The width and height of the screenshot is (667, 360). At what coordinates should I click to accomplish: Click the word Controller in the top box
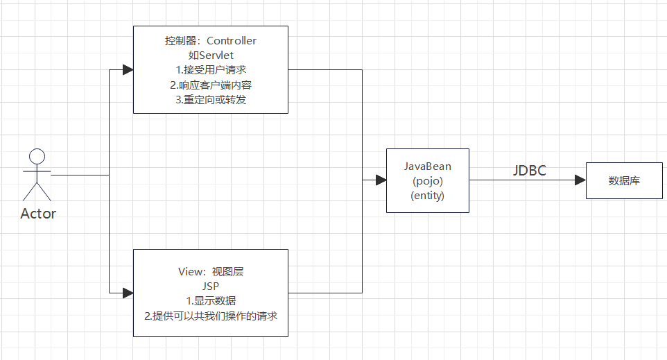click(x=231, y=41)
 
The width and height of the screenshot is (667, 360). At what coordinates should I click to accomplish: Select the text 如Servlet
click(x=211, y=55)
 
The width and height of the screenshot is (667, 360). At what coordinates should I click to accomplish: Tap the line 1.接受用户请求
click(x=211, y=70)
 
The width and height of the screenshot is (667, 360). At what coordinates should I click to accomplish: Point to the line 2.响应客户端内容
click(x=211, y=85)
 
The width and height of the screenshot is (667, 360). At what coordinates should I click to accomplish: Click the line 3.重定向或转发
click(x=211, y=99)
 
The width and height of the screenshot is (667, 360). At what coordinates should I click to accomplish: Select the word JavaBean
click(x=427, y=166)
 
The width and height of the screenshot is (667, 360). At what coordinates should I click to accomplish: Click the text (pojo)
click(x=427, y=181)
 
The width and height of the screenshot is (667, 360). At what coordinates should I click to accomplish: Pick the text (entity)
click(x=427, y=196)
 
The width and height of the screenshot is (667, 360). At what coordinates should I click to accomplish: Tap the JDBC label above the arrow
click(x=529, y=171)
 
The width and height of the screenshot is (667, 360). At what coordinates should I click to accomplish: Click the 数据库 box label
click(x=624, y=180)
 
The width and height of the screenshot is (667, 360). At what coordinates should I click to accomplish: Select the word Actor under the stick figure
click(x=38, y=214)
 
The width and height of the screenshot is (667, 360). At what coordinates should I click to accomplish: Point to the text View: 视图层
click(x=211, y=271)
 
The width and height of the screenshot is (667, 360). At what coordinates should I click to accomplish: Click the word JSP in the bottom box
click(x=211, y=286)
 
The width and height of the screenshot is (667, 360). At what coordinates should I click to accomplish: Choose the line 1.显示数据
click(x=211, y=300)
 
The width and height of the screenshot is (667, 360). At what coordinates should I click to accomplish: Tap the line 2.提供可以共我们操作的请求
click(x=211, y=316)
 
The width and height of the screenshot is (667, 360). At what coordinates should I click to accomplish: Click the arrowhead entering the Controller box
click(x=127, y=70)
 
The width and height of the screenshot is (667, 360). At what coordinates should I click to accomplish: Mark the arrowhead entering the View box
click(x=127, y=293)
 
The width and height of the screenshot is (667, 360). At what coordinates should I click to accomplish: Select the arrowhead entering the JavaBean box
click(x=381, y=180)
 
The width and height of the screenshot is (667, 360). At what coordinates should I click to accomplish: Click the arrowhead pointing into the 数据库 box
click(x=580, y=180)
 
